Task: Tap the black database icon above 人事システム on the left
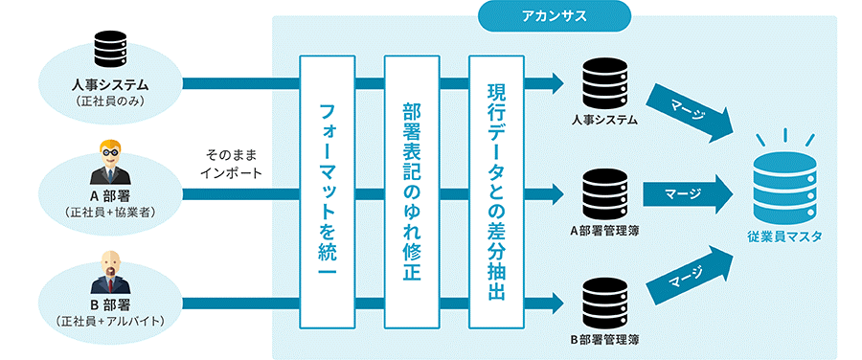(x=109, y=50)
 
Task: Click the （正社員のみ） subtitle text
(x=109, y=101)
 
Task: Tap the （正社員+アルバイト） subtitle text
(x=109, y=320)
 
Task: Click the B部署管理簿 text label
(x=604, y=339)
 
